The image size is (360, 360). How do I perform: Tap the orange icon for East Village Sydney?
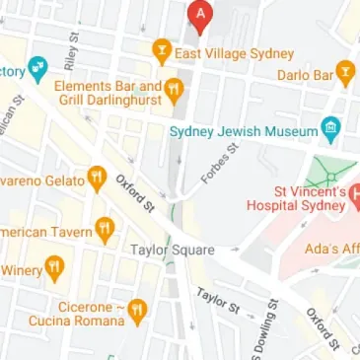pyautogui.click(x=161, y=52)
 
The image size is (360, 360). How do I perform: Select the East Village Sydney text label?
pyautogui.click(x=234, y=53)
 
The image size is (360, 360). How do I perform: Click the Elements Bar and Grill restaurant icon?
pyautogui.click(x=176, y=92)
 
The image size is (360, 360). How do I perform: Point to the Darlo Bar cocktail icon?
pyautogui.click(x=345, y=71)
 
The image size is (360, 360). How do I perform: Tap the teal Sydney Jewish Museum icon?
pyautogui.click(x=331, y=128)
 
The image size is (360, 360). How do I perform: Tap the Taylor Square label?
pyautogui.click(x=173, y=250)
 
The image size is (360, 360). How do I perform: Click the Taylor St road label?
pyautogui.click(x=218, y=300)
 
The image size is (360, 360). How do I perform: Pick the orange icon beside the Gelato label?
pyautogui.click(x=96, y=178)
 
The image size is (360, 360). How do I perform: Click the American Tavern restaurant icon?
pyautogui.click(x=106, y=230)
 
